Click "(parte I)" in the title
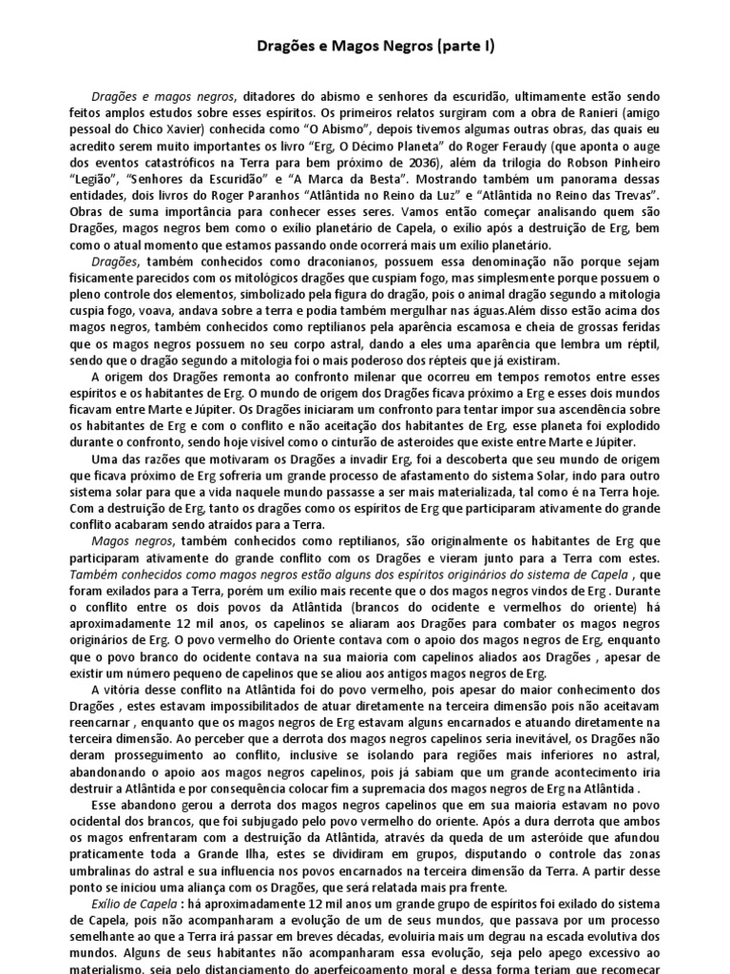(x=433, y=45)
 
